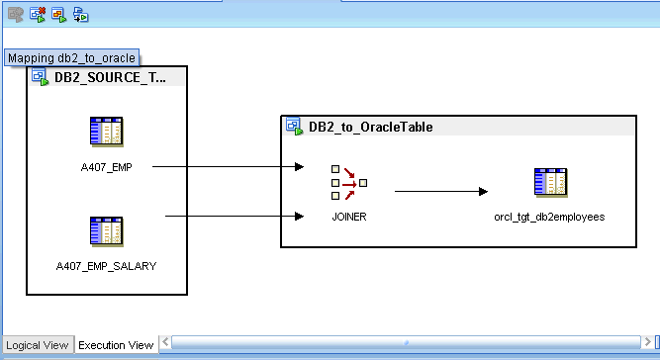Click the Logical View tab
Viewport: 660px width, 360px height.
pyautogui.click(x=37, y=345)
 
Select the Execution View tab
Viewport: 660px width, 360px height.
pyautogui.click(x=116, y=345)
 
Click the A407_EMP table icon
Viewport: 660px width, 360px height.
pyautogui.click(x=107, y=133)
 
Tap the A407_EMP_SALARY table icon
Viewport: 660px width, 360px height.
pyautogui.click(x=107, y=231)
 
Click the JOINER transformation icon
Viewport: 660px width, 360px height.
pyautogui.click(x=349, y=183)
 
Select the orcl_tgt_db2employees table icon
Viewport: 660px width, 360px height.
pyautogui.click(x=550, y=183)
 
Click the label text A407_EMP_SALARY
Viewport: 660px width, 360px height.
pyautogui.click(x=106, y=266)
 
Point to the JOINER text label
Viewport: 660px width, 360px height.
pyautogui.click(x=349, y=217)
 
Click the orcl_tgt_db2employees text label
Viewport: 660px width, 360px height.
pyautogui.click(x=549, y=217)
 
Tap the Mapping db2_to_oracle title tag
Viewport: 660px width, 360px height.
pyautogui.click(x=71, y=57)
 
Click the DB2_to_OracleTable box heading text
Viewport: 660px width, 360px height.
pyautogui.click(x=371, y=127)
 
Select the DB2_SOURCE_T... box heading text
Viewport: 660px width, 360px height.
pyautogui.click(x=110, y=77)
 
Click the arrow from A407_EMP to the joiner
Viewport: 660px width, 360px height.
pyautogui.click(x=229, y=167)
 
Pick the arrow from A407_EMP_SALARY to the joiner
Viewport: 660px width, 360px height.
pyautogui.click(x=235, y=217)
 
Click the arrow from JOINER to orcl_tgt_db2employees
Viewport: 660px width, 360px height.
pyautogui.click(x=441, y=191)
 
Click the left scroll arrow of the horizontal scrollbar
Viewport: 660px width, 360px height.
pyautogui.click(x=165, y=342)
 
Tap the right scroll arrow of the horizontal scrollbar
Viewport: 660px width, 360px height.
pyautogui.click(x=647, y=342)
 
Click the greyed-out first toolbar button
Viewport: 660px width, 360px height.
pyautogui.click(x=16, y=15)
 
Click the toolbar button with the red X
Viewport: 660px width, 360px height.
pyautogui.click(x=38, y=15)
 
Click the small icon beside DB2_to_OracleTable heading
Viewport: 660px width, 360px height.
pyautogui.click(x=294, y=127)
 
